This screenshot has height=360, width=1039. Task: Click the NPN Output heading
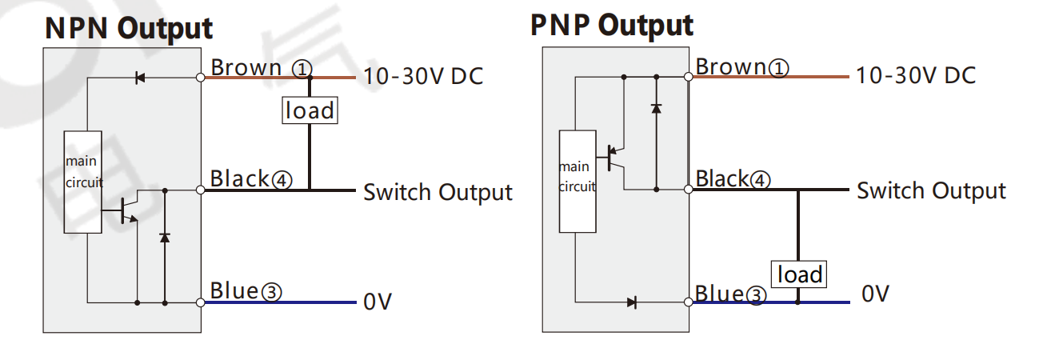click(129, 29)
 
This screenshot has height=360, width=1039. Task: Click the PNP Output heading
click(611, 26)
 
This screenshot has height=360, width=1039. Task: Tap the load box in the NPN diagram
click(310, 110)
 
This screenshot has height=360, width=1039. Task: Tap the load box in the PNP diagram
click(799, 274)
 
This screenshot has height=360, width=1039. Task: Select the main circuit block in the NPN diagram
click(82, 182)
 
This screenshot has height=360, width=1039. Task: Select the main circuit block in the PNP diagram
click(577, 182)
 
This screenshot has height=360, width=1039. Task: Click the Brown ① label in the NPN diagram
click(262, 68)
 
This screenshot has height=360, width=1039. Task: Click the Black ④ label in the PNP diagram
click(733, 178)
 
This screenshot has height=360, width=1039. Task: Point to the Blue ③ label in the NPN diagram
click(246, 291)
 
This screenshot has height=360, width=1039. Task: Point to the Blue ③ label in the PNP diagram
click(730, 294)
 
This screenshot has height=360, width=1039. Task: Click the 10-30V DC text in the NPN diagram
click(423, 76)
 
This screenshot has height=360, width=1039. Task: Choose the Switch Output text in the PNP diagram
click(931, 191)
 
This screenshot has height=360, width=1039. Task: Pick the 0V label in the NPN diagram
click(378, 302)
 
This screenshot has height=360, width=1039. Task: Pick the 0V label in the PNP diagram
click(875, 294)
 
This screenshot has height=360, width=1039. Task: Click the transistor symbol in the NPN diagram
click(127, 210)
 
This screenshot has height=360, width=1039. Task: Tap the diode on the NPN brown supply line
click(140, 78)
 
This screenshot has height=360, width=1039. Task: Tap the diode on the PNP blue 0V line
click(632, 303)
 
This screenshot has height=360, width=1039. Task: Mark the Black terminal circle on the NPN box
click(201, 190)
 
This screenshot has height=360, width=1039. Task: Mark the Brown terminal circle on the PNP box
click(689, 77)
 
